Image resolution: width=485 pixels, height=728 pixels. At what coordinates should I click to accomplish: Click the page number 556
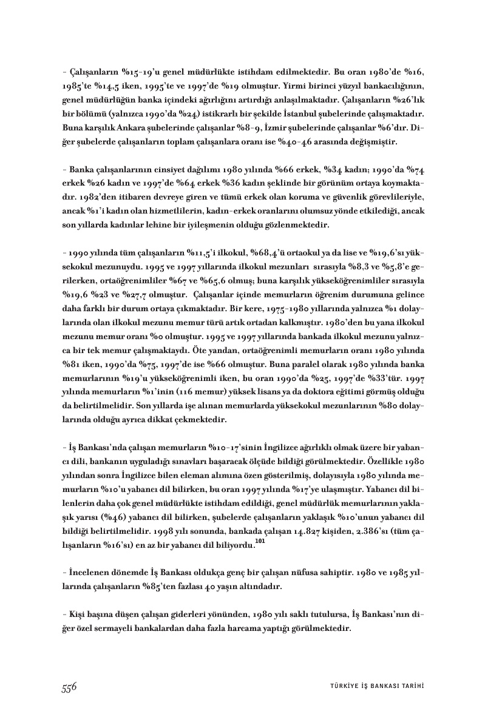tap(68, 686)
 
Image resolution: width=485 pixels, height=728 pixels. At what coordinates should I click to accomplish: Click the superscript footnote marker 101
tap(260, 544)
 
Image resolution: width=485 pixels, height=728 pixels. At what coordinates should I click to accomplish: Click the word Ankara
tap(126, 129)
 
